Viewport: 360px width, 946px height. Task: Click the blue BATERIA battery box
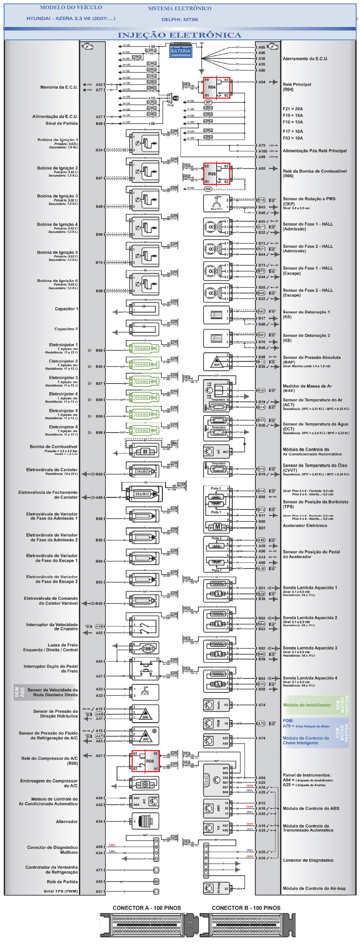pos(180,51)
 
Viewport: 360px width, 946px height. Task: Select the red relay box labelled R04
pos(216,88)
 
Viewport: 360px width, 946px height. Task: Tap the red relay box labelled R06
pos(216,174)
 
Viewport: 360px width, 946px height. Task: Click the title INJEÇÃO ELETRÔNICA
pos(179,35)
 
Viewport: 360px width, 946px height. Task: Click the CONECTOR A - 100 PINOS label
pos(147,908)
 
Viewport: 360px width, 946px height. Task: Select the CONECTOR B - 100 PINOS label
pos(246,908)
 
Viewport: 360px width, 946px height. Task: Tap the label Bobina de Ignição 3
pos(57,196)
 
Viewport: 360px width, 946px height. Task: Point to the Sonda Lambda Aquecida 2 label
pos(310,618)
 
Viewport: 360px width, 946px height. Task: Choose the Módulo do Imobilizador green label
pos(307,705)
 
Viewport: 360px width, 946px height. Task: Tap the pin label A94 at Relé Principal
pos(262,82)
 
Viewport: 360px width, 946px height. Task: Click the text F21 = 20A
pos(293,109)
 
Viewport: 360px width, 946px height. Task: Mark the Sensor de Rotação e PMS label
pos(309,199)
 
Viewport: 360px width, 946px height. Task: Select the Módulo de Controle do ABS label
pos(311,809)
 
